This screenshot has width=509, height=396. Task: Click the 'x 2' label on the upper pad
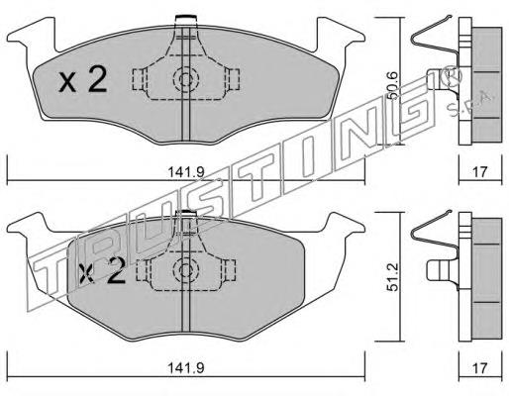point(82,80)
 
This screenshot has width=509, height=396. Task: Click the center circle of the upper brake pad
point(184,80)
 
